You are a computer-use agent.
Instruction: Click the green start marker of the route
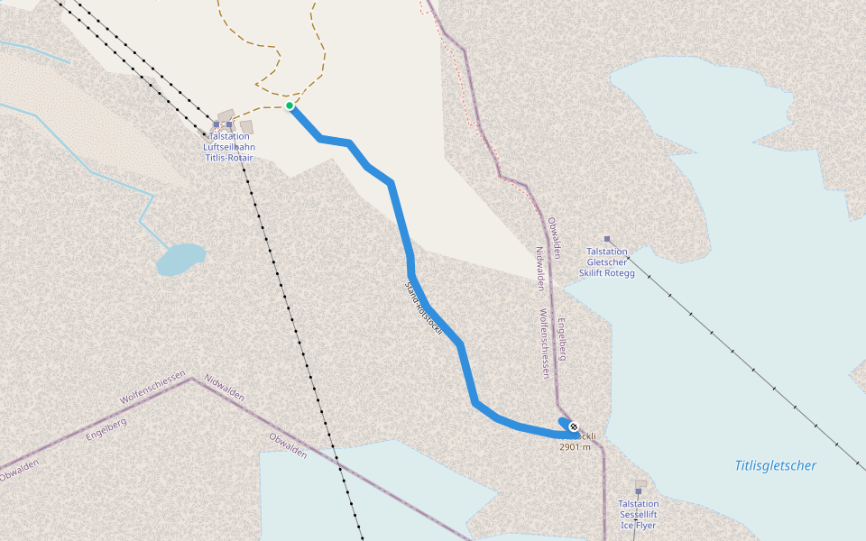(x=290, y=105)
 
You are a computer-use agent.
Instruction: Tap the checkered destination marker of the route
(x=574, y=426)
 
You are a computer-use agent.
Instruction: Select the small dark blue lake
(x=180, y=258)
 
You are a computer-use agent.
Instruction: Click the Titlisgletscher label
(x=775, y=465)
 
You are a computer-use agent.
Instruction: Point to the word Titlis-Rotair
(x=228, y=157)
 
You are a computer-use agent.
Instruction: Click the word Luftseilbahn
(x=228, y=146)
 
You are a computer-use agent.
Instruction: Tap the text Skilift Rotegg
(x=607, y=273)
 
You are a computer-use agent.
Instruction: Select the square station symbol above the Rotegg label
(x=607, y=239)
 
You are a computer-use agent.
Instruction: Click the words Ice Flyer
(x=638, y=525)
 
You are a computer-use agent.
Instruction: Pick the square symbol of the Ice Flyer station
(x=638, y=491)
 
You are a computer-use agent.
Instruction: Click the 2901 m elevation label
(x=575, y=446)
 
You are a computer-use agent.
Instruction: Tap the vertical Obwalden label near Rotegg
(x=552, y=235)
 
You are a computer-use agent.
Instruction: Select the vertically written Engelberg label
(x=561, y=339)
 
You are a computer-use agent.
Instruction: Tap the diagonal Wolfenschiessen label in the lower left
(x=152, y=386)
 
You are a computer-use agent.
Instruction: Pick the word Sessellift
(x=638, y=514)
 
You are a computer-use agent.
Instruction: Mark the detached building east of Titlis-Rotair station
(x=246, y=127)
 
